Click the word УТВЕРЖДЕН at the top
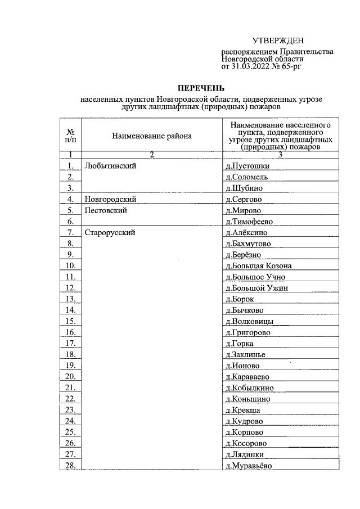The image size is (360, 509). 277,40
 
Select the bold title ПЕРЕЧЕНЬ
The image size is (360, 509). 201,88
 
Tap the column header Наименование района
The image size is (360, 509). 152,136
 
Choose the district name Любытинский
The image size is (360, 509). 110,166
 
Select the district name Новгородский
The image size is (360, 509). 111,199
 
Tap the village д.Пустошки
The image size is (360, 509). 247,166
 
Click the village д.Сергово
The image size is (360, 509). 244,199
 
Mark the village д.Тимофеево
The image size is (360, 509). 249,222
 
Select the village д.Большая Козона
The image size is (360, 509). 258,265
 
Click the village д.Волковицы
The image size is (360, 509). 249,321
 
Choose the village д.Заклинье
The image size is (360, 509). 245,354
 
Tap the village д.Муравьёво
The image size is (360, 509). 248,465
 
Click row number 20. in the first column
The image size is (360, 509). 70,376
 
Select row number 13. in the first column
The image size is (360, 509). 70,299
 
